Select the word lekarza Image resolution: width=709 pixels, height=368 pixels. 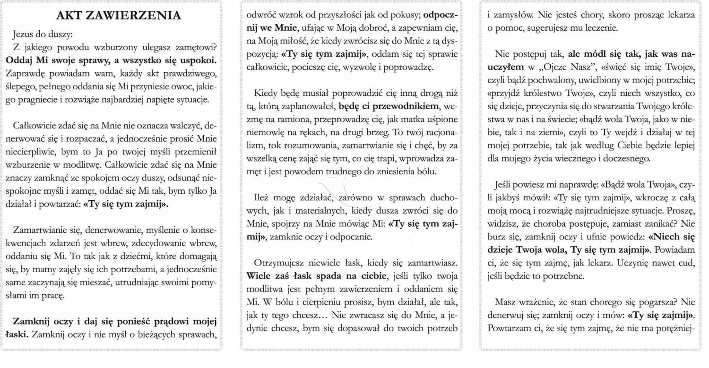tap(680, 15)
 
